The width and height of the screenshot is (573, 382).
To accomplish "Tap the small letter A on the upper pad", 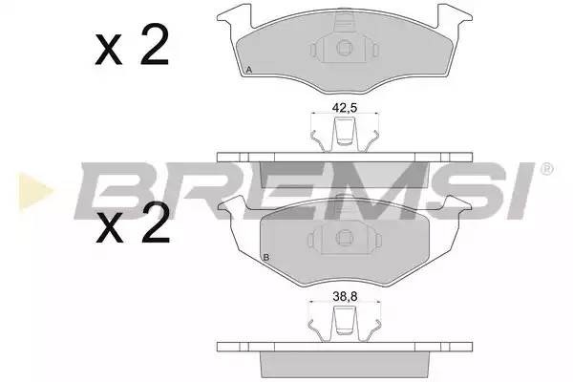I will tap(249, 72).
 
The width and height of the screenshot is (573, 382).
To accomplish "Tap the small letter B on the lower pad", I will tap(265, 259).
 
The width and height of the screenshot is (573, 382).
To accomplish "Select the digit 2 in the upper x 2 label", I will tap(155, 44).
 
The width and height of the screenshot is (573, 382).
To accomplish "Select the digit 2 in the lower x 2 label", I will tap(155, 225).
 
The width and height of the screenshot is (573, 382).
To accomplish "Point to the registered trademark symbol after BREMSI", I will tap(546, 170).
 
